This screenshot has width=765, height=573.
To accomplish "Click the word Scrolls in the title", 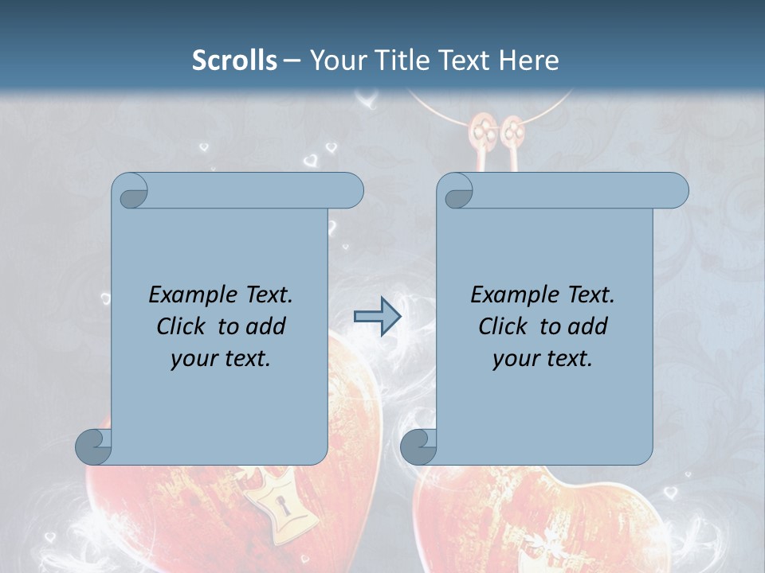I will [x=234, y=60].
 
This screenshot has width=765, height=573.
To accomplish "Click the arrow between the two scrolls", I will [x=376, y=318].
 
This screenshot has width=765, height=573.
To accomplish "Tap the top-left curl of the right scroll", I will [x=457, y=192].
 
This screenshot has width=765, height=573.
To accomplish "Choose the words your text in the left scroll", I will [x=221, y=358].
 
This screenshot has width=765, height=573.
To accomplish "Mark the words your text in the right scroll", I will [x=543, y=358].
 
